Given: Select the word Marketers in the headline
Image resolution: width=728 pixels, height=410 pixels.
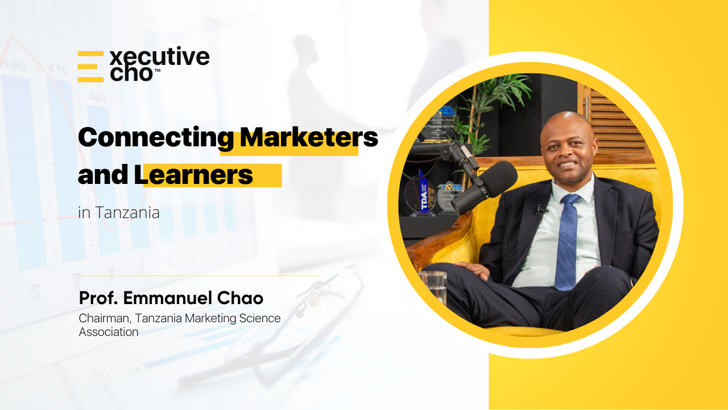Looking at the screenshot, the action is click(x=309, y=137).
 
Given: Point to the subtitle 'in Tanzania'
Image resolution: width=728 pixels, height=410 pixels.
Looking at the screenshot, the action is click(x=119, y=212).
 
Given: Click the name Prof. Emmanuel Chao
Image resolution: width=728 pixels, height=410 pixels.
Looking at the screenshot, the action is click(x=171, y=298).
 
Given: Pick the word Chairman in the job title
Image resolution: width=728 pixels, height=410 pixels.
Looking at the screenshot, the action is click(x=105, y=318).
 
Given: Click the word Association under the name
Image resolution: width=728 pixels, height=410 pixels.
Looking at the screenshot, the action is click(x=109, y=332).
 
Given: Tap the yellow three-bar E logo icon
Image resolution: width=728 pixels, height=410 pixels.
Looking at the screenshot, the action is click(x=90, y=67).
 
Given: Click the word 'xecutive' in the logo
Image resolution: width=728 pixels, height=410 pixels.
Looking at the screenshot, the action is click(x=160, y=56).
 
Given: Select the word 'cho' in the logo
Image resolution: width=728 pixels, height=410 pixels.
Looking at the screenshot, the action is click(x=131, y=73).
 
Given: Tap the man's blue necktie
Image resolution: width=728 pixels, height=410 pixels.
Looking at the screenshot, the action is click(x=568, y=241).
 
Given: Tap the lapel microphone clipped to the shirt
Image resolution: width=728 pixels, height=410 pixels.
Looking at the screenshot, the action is click(x=540, y=208).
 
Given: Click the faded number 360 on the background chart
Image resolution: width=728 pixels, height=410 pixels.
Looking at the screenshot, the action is click(x=97, y=97).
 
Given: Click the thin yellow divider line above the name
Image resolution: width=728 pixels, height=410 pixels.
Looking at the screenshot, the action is click(x=201, y=276).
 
